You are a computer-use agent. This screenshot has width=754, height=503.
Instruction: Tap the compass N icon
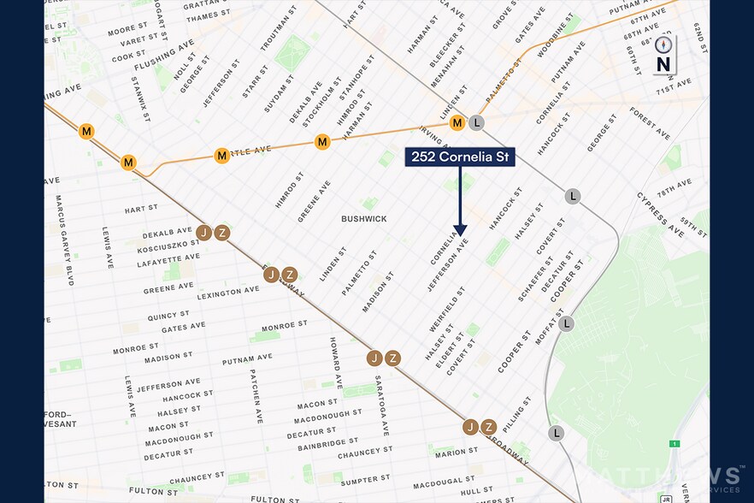663,56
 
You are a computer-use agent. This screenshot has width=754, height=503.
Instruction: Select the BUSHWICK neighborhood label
364,219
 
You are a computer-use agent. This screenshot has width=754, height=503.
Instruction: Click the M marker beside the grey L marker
458,123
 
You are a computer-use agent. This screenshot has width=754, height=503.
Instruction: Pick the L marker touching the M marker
476,123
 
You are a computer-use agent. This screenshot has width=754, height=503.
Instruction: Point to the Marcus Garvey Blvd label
61,228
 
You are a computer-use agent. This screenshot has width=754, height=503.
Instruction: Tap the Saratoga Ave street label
382,405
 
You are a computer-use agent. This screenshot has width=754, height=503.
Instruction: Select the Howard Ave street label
335,363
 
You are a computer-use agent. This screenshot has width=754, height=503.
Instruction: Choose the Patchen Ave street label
256,395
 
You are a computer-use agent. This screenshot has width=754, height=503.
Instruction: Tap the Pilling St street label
518,413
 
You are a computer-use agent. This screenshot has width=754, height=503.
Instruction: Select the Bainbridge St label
316,444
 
